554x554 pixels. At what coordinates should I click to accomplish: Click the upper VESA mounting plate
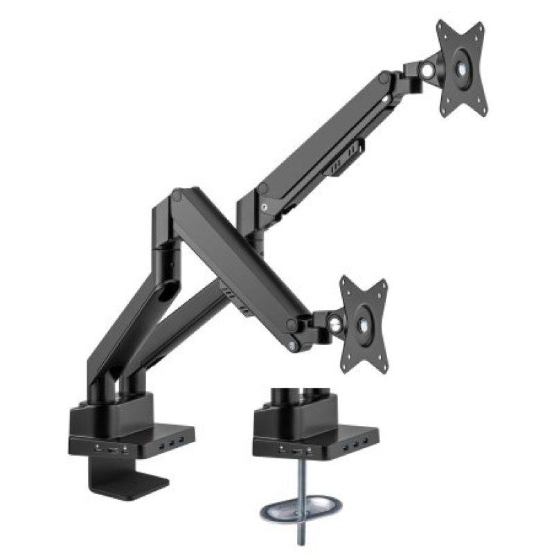point(461,69)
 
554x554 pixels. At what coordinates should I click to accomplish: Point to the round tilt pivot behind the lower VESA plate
point(335,321)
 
